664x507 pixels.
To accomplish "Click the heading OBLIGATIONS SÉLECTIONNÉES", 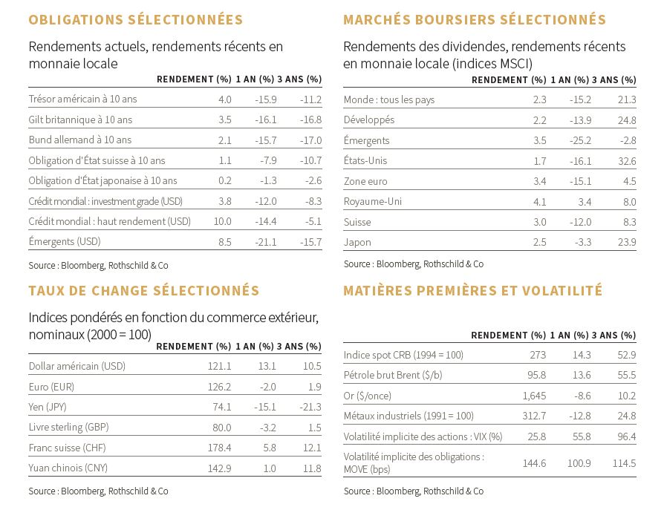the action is (135, 19).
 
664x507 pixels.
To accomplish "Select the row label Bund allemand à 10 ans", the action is (80, 140).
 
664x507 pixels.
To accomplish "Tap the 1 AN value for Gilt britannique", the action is (265, 120).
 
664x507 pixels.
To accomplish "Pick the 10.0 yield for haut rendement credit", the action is (222, 221).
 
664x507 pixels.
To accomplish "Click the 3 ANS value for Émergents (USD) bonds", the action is (310, 242).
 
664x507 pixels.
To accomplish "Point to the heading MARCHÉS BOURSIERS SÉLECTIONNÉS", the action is (475, 19).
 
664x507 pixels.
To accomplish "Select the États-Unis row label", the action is (365, 161).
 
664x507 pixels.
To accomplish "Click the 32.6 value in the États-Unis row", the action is (627, 161).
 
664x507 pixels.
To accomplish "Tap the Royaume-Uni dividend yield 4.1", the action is (539, 202).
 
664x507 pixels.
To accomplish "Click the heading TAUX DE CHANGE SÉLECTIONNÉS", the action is (144, 291).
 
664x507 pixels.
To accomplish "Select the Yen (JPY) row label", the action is (48, 407).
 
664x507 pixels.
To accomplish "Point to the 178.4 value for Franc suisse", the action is (219, 448).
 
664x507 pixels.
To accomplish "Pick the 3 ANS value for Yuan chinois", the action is (312, 468).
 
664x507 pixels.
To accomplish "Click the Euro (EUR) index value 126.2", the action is (219, 387).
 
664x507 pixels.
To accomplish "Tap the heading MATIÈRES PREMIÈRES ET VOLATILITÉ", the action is (472, 291).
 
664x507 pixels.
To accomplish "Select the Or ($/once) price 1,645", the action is (534, 396).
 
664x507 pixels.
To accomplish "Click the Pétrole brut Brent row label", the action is (393, 375).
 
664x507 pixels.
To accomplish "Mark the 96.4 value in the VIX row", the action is (627, 436).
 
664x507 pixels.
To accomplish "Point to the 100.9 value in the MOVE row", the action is (579, 463).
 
